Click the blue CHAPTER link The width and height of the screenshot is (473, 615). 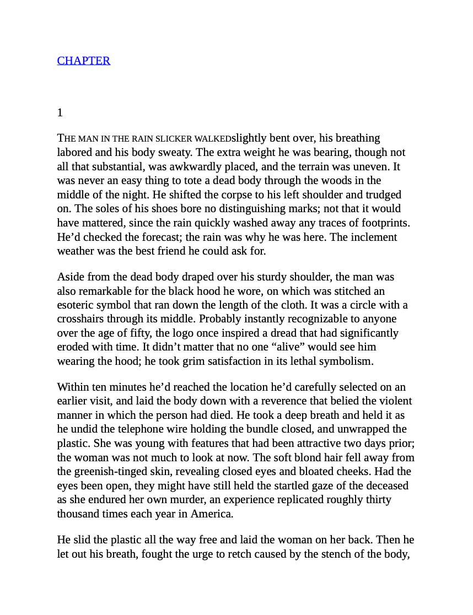pyautogui.click(x=84, y=61)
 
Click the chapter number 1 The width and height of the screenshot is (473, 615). pyautogui.click(x=60, y=113)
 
